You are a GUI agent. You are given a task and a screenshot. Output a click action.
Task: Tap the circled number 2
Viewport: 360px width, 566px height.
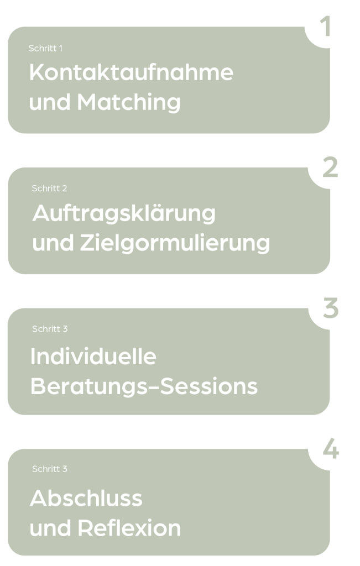330,167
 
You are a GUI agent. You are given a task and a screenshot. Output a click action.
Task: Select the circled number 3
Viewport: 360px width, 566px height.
330,308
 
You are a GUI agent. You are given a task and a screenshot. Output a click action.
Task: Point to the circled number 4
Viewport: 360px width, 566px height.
330,449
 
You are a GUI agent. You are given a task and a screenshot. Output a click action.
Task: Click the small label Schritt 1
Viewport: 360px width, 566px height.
45,49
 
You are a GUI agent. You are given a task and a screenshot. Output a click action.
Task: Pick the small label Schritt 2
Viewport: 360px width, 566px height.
50,188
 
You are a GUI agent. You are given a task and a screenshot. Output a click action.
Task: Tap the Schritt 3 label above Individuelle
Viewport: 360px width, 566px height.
50,329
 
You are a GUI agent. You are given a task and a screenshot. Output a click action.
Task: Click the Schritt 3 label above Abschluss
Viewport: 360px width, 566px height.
50,469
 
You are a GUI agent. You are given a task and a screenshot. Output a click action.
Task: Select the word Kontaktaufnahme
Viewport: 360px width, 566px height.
131,73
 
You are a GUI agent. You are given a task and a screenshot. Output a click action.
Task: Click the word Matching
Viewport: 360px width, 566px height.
129,102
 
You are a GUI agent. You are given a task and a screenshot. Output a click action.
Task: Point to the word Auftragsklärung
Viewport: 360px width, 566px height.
124,213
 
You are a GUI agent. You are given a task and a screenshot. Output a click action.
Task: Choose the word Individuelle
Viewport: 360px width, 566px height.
93,357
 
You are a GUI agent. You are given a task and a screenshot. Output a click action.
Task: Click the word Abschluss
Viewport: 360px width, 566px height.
86,498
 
